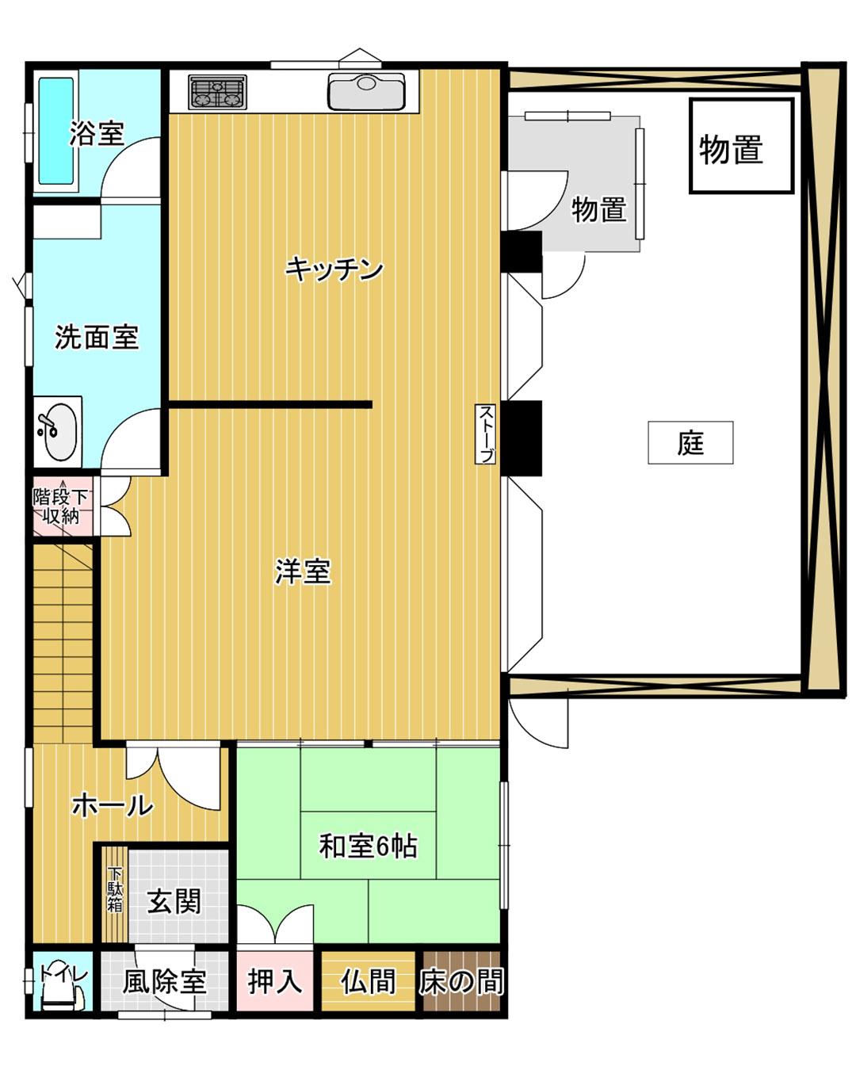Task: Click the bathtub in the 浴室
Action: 55,131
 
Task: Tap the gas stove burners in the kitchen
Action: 217,92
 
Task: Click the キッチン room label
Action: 334,269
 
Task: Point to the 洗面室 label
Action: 96,338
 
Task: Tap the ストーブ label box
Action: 486,434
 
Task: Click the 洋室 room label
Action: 303,571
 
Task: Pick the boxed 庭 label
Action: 690,442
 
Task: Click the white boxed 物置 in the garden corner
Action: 740,147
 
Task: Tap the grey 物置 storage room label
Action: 599,210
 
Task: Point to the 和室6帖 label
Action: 368,846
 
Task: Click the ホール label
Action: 112,805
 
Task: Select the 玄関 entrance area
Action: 174,901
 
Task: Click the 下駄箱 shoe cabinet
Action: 116,892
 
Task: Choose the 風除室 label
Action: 164,982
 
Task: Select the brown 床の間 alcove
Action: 461,982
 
